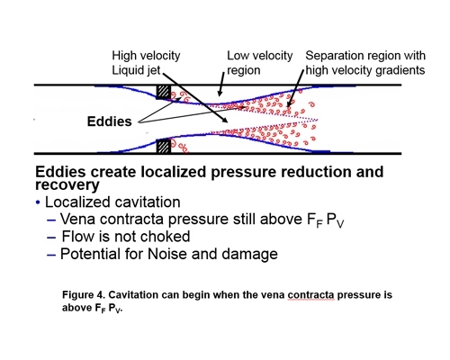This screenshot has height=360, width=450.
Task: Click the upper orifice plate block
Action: (x=164, y=92)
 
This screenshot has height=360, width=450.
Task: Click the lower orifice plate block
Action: (x=164, y=144)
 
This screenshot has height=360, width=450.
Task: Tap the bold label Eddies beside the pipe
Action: (x=111, y=119)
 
